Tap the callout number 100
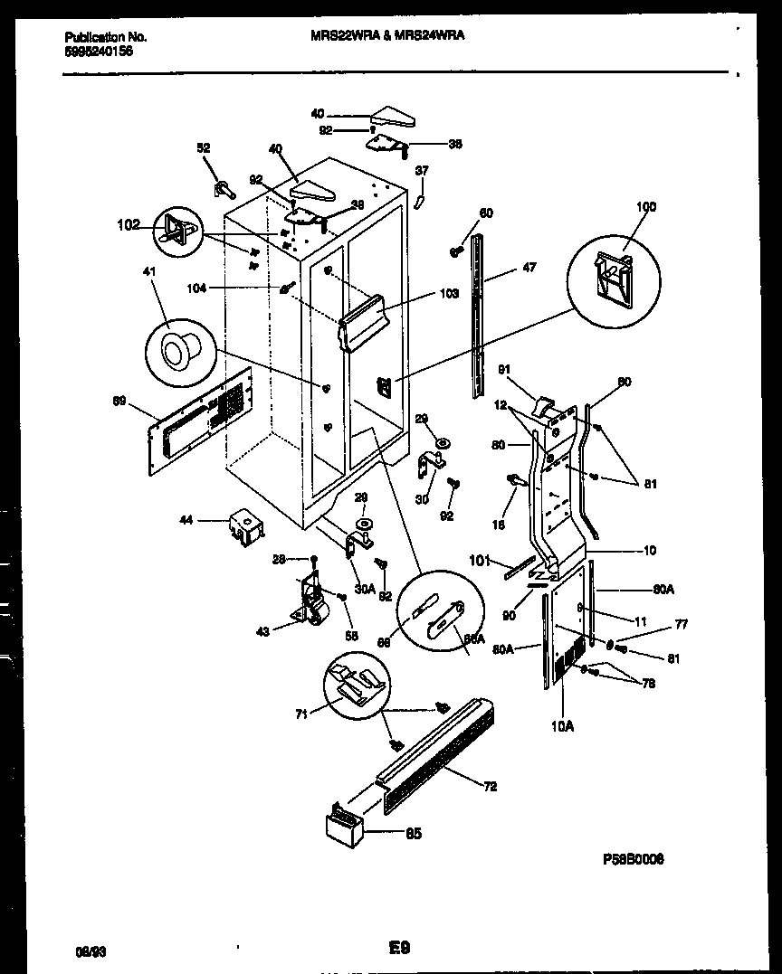tap(644, 207)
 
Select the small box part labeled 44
tap(243, 525)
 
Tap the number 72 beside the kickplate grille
tap(490, 786)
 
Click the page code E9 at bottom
tap(400, 949)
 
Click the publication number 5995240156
tap(99, 52)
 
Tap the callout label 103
tap(451, 293)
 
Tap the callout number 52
tap(204, 149)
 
